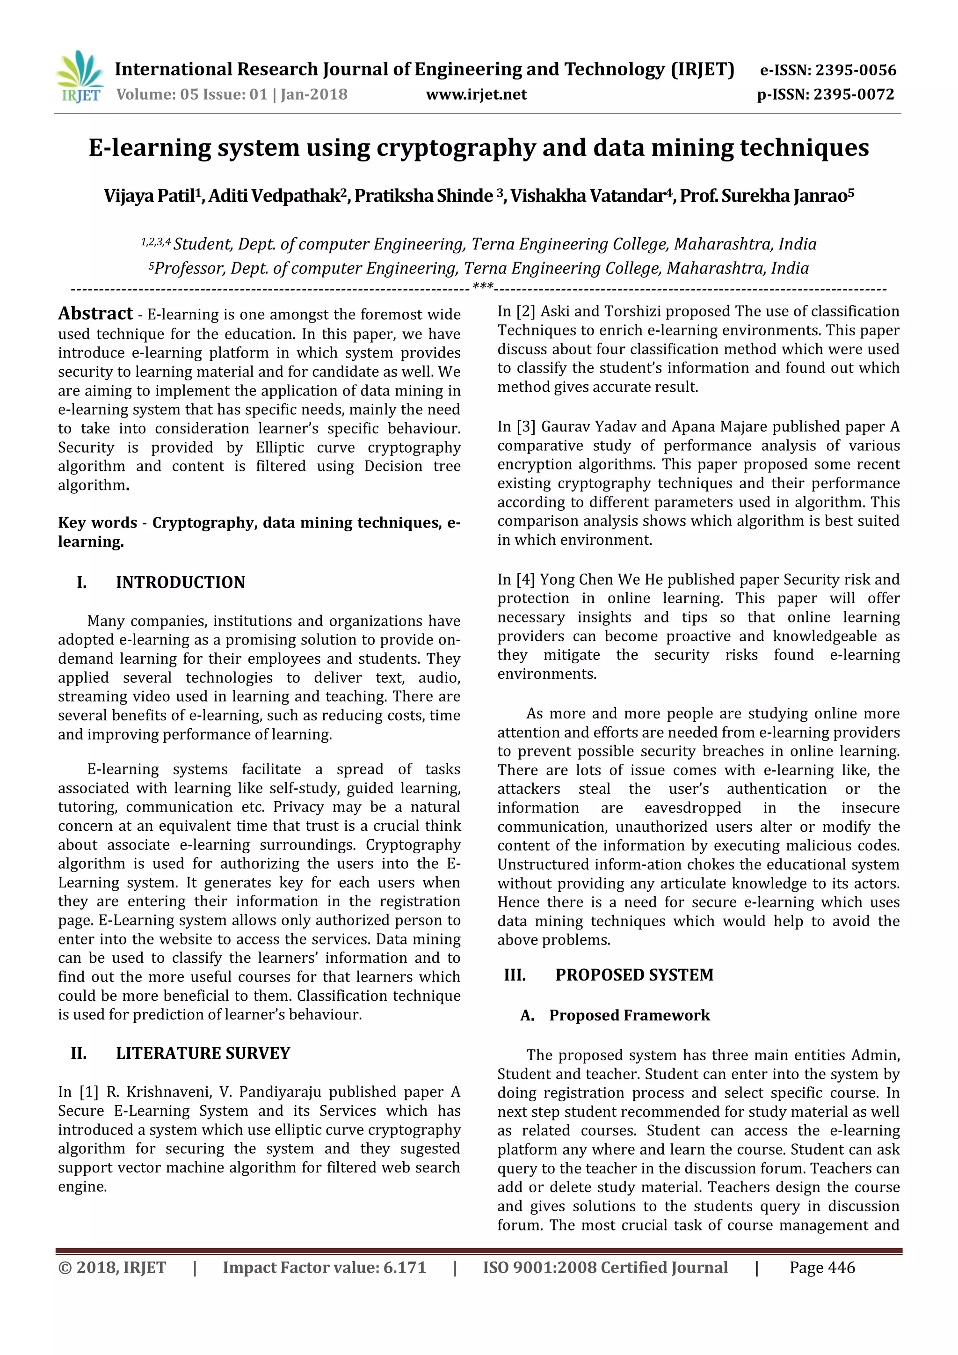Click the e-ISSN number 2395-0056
[856, 70]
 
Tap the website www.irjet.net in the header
[476, 95]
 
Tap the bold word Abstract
[95, 314]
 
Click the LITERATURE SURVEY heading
[203, 1054]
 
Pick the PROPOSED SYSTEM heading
[634, 975]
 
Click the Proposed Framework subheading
[630, 1015]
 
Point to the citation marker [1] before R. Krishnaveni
[88, 1092]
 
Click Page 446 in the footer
[822, 1267]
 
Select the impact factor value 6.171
[405, 1267]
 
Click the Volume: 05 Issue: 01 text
[191, 95]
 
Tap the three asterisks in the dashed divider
[483, 287]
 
